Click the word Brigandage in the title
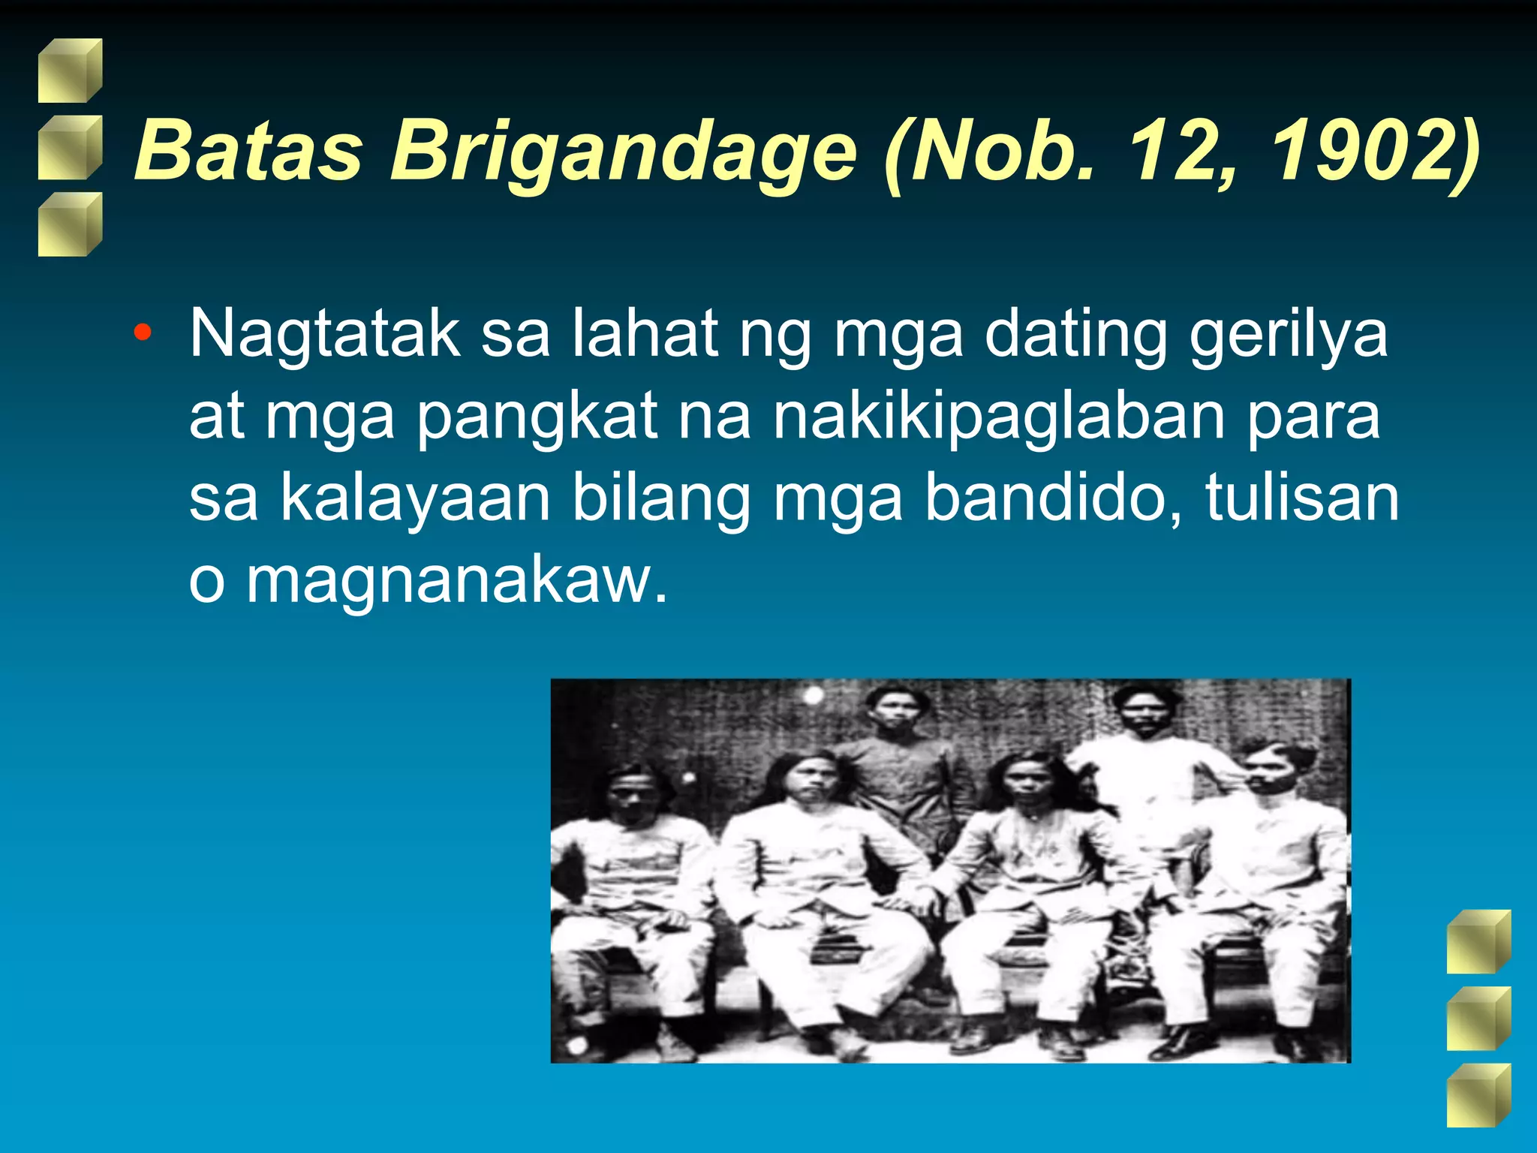[623, 152]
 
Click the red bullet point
[142, 331]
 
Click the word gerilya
[1288, 334]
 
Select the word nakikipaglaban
[999, 417]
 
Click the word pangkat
[537, 417]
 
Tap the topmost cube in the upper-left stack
[70, 71]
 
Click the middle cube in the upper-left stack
[70, 148]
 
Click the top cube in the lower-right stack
[1478, 941]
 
